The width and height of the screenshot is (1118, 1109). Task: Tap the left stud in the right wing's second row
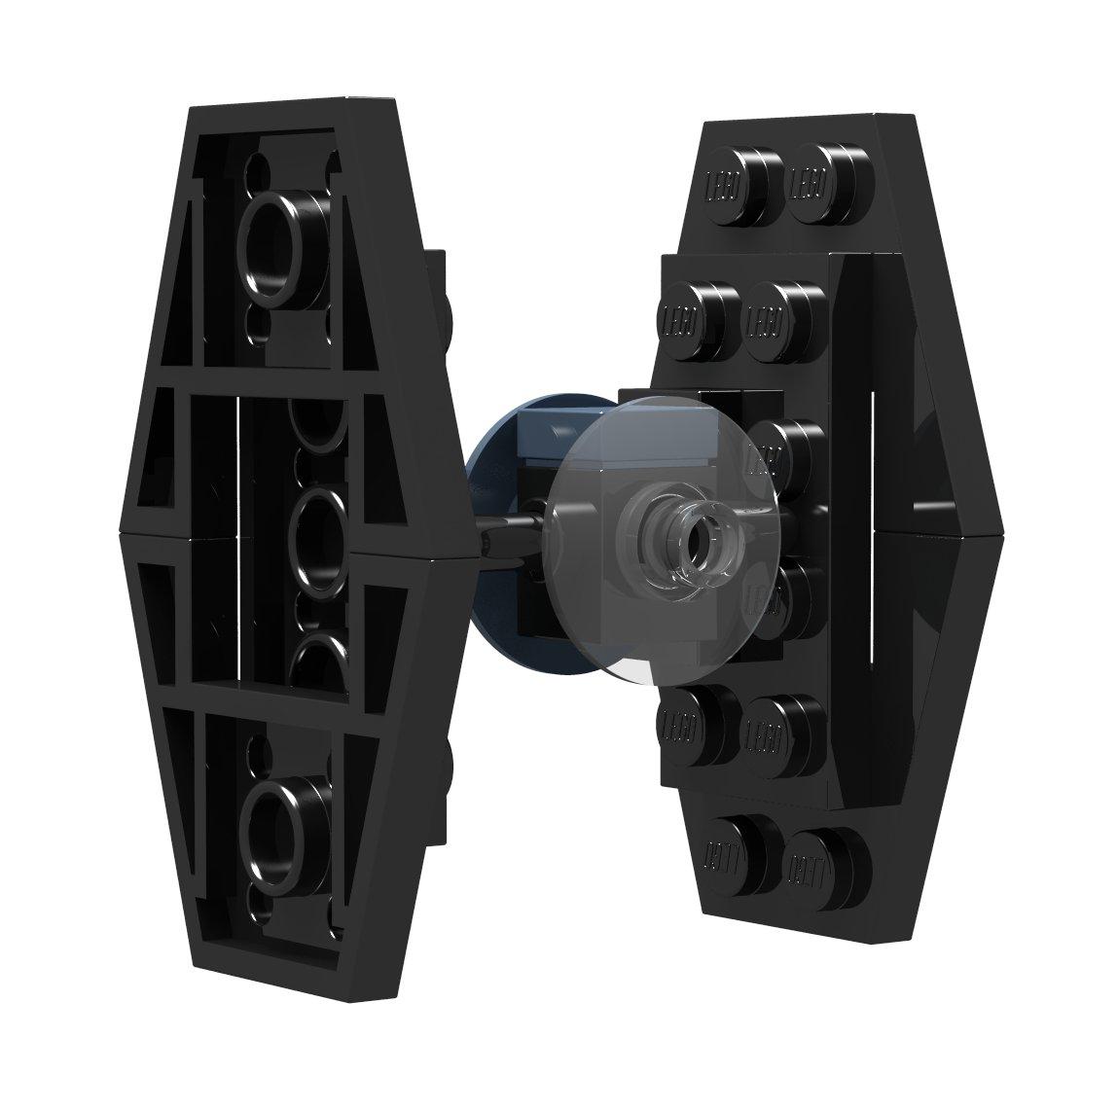pyautogui.click(x=700, y=306)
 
